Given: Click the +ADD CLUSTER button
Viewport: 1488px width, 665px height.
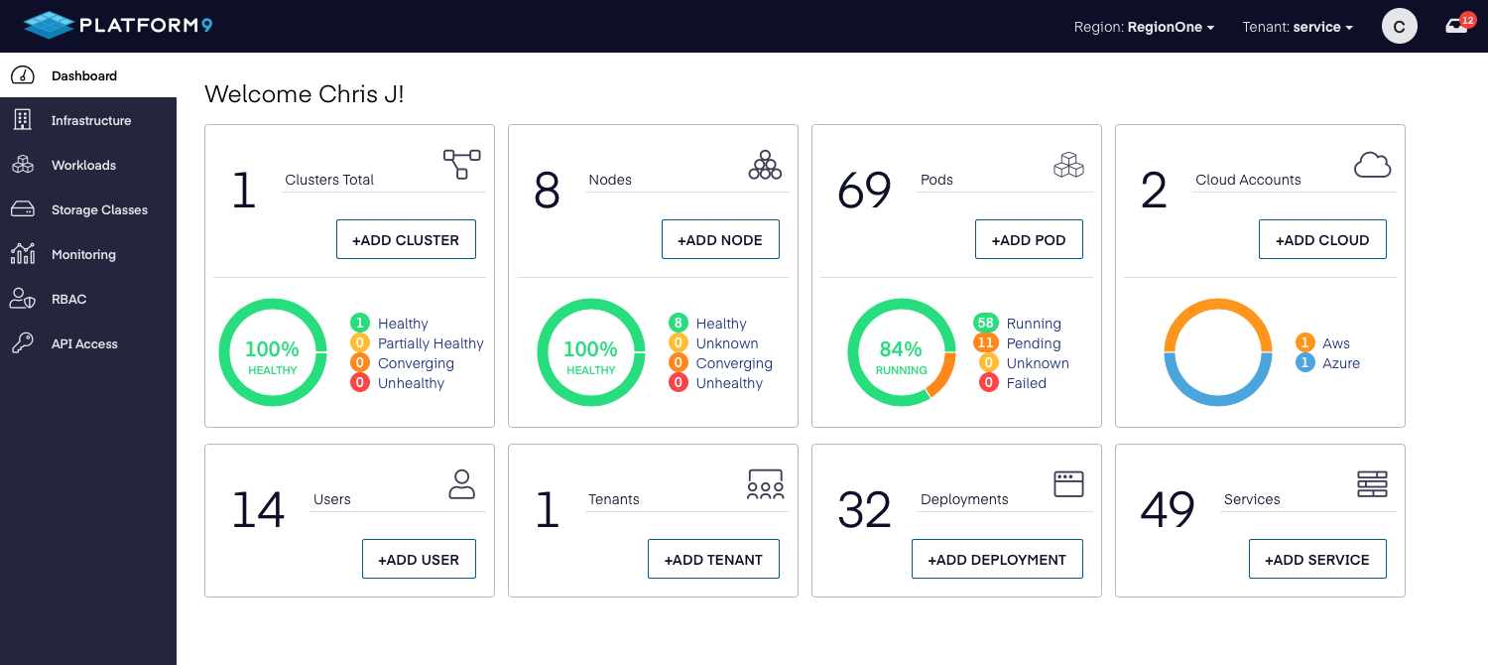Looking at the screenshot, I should (x=406, y=240).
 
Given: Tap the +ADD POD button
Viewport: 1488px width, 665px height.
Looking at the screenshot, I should (x=1029, y=240).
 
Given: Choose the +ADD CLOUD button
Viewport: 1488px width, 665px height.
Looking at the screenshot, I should (x=1322, y=240).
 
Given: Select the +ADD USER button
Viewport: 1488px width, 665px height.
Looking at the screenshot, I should (x=419, y=560).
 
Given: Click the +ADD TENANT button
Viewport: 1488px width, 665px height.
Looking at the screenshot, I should (x=713, y=560).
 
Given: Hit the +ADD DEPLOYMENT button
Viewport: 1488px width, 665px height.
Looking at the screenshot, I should (x=997, y=560).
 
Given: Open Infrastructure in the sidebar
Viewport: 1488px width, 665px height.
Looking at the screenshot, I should (x=90, y=120).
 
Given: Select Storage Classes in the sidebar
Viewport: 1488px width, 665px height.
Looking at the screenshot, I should (x=99, y=209).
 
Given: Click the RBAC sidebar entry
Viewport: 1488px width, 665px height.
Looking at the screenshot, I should (x=68, y=299).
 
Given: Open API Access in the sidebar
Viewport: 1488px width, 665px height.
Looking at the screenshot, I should (x=84, y=343).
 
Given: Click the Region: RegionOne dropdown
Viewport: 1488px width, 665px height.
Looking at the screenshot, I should (x=1144, y=27).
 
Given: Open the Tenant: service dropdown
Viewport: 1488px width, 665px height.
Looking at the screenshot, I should (x=1298, y=27).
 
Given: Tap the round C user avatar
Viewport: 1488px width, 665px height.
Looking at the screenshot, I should (x=1399, y=27).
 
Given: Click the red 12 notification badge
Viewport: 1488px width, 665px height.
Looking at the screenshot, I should (x=1468, y=19).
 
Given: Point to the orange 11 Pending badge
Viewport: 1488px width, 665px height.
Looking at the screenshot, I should (x=985, y=343).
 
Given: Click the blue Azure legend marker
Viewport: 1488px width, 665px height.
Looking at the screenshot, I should (x=1305, y=363).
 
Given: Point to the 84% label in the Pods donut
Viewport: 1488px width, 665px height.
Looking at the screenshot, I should (x=901, y=348).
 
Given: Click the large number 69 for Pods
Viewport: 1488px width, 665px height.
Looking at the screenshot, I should (x=864, y=190).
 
